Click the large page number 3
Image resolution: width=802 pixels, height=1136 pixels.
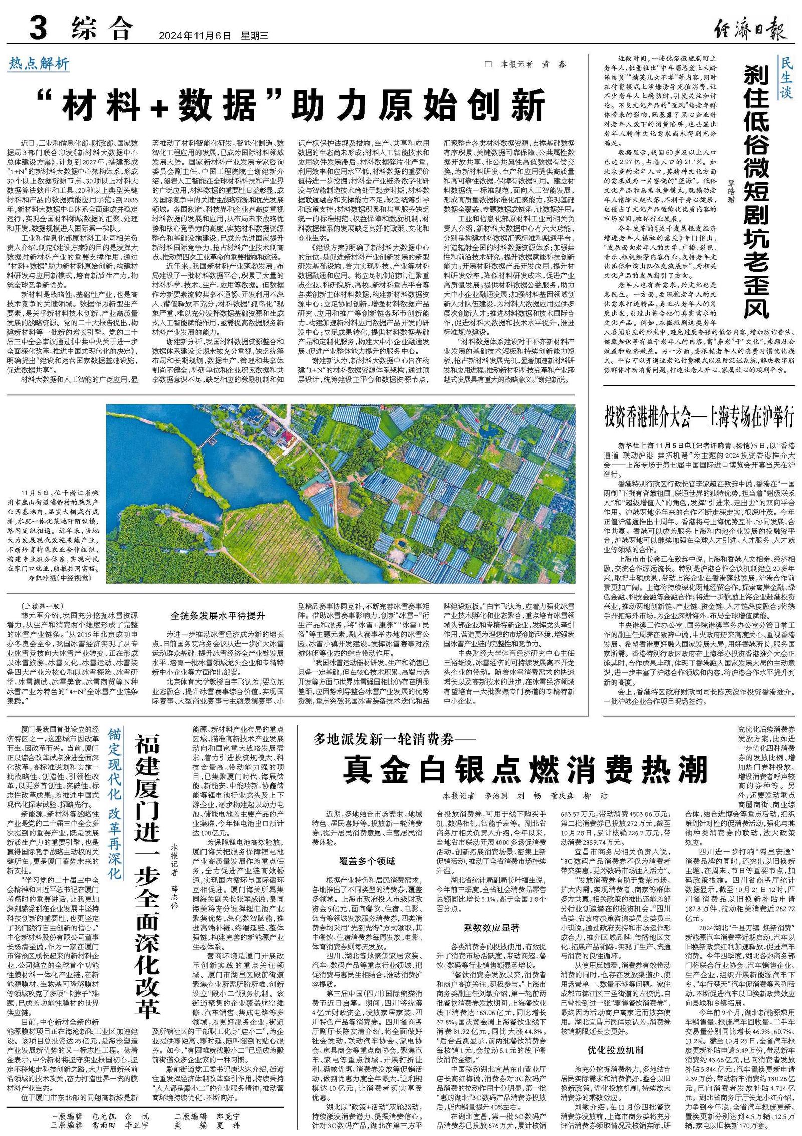[39, 28]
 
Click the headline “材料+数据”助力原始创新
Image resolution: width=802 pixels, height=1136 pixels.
[293, 105]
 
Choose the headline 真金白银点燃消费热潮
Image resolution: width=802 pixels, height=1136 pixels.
[525, 770]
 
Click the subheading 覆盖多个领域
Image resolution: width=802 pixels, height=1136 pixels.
[367, 861]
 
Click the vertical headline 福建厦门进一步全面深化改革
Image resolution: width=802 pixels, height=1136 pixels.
[147, 872]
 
